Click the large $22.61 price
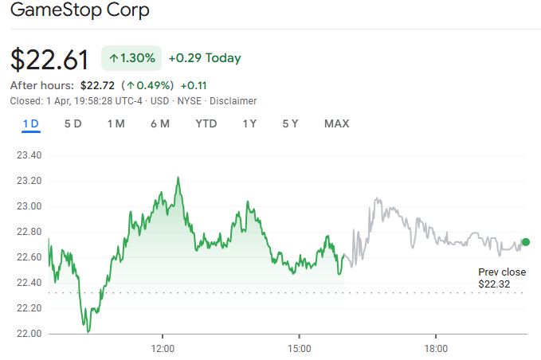(49, 59)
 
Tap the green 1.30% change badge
(132, 58)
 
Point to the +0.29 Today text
(204, 58)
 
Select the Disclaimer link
(233, 101)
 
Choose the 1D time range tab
(30, 123)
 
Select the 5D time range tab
(73, 123)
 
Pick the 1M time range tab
(116, 123)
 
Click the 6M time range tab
(159, 123)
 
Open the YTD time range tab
(206, 123)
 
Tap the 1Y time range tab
(249, 123)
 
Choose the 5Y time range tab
(290, 123)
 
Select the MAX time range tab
(336, 123)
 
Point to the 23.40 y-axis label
(29, 155)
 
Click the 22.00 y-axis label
(29, 334)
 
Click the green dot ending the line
(526, 241)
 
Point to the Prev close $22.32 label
(502, 278)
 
